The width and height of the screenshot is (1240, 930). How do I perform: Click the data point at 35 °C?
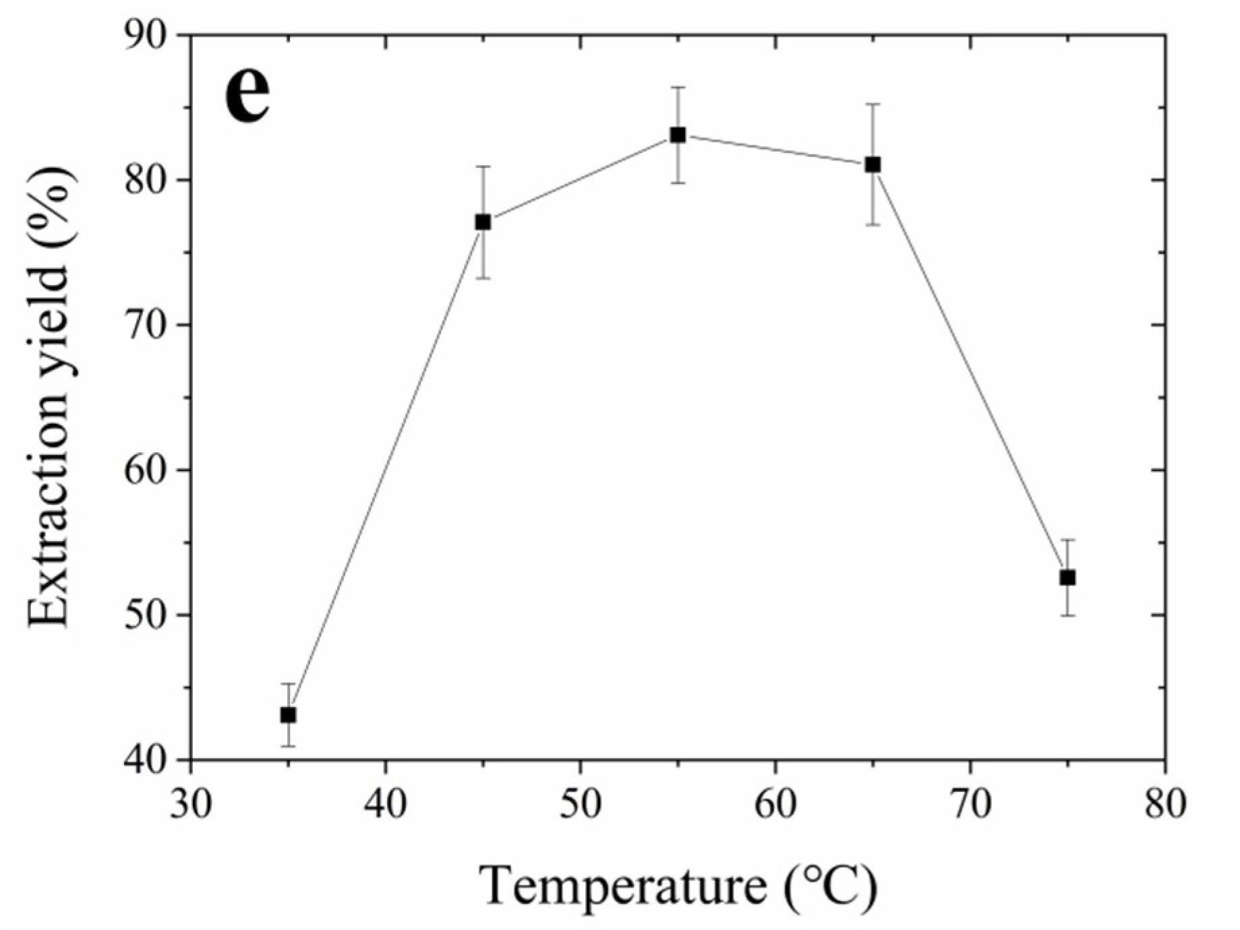click(x=288, y=714)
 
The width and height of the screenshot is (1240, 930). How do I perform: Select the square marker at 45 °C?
click(x=483, y=222)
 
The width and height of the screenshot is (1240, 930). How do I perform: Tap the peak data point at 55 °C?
click(x=678, y=135)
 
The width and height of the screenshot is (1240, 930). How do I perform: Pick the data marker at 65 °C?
click(x=873, y=164)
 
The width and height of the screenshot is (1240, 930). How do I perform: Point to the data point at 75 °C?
click(x=1067, y=578)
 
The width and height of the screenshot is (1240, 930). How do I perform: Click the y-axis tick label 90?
click(x=148, y=35)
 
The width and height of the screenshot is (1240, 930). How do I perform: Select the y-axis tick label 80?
click(x=148, y=180)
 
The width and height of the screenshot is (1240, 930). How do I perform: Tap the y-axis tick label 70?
click(x=148, y=325)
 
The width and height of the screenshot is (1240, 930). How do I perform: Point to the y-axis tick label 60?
click(x=148, y=470)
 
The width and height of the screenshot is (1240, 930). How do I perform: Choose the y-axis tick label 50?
click(x=148, y=615)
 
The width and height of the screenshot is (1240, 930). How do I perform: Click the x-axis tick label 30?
click(x=191, y=804)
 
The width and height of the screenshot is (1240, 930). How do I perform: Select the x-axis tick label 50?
click(x=581, y=804)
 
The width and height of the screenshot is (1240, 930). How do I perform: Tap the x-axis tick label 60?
click(x=775, y=804)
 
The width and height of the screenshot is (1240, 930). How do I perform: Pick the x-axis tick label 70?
click(x=970, y=804)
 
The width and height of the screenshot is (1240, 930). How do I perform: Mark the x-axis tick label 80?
click(x=1165, y=804)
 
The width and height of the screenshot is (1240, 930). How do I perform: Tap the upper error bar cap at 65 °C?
click(x=873, y=104)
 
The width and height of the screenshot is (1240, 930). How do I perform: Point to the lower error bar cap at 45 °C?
click(x=483, y=278)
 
